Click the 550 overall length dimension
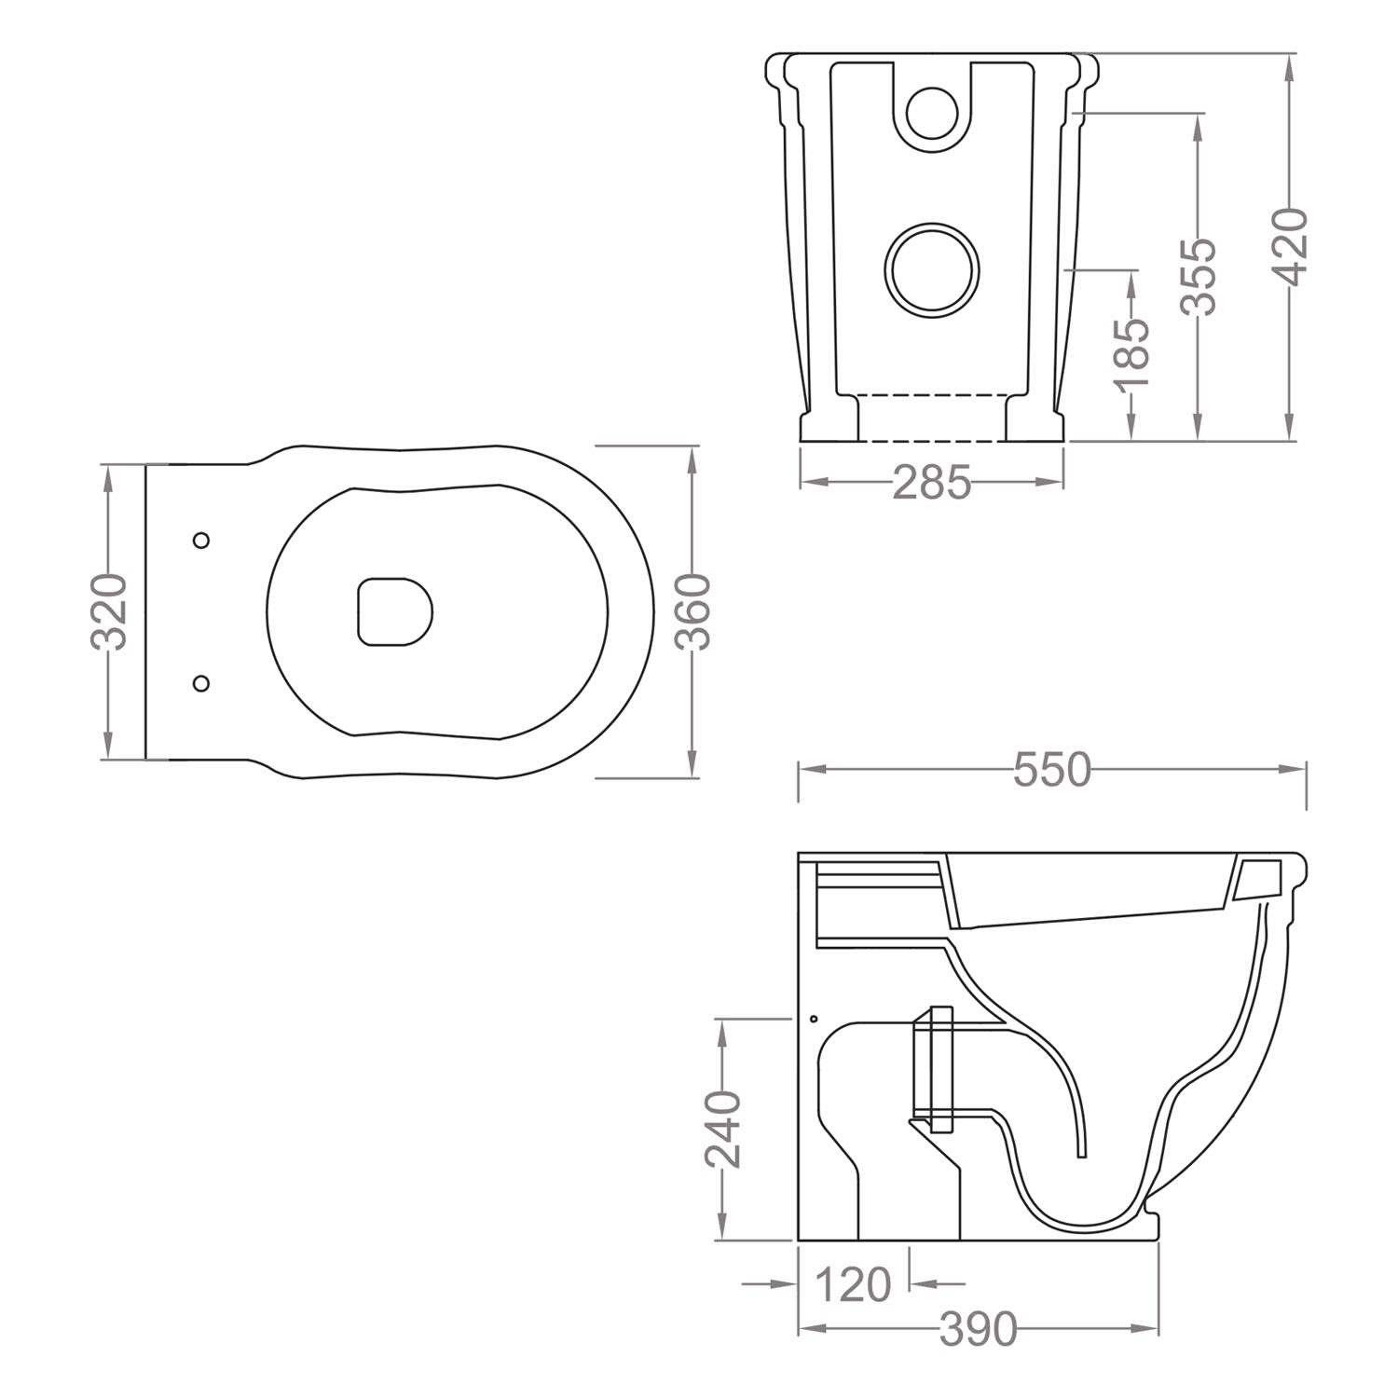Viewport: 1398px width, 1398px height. (1051, 771)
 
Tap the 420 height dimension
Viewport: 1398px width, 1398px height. (1292, 246)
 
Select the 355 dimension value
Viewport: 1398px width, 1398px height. (1198, 276)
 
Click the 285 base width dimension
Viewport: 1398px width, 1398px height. (932, 483)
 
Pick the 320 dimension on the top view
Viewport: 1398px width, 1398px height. (110, 611)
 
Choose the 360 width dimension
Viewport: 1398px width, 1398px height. (692, 611)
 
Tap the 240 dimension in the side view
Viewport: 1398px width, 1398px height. (722, 1129)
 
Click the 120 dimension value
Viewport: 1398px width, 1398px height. (853, 1285)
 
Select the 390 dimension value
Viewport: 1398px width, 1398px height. (978, 1330)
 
